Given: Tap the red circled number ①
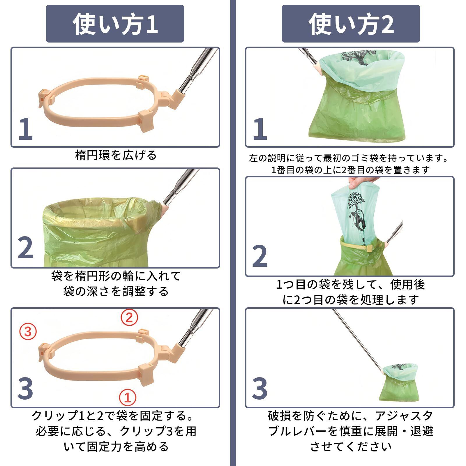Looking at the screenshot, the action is (128, 397).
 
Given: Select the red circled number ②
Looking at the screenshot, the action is (129, 317).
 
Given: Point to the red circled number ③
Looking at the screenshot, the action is (28, 331).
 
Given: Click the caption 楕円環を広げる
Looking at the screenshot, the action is (116, 155).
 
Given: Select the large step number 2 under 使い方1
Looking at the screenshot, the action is (26, 248).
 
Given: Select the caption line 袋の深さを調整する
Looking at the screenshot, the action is (116, 291).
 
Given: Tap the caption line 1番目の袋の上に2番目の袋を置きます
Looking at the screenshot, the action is (351, 170).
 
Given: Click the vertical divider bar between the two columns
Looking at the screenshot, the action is (233, 233).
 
